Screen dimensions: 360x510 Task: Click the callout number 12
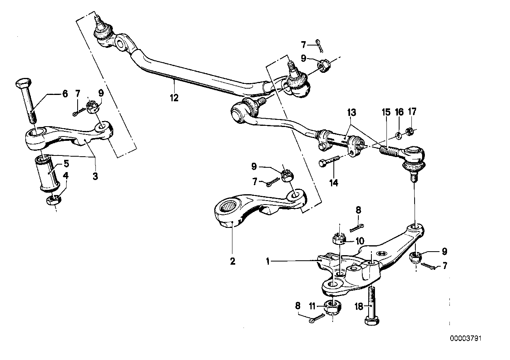pos(174,97)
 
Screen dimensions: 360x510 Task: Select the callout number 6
pos(65,94)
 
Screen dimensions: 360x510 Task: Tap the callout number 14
pos(334,183)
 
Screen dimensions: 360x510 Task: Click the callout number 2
pos(232,261)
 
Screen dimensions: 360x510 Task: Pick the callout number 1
pos(268,261)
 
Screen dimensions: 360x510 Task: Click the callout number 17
pos(412,112)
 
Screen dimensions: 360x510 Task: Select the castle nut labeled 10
pos(338,239)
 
